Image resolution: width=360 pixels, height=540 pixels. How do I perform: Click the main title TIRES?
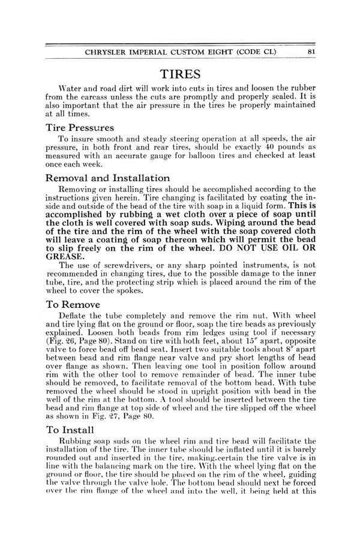click(180, 74)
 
